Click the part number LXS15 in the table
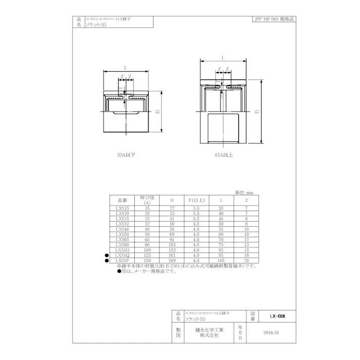[x=123, y=208]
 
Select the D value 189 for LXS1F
[x=172, y=260]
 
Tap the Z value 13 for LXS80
[x=246, y=244]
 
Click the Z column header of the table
[x=246, y=200]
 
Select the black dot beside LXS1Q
[x=107, y=255]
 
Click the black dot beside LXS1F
[x=107, y=261]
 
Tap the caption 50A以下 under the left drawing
[x=126, y=156]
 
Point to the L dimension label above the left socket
[x=125, y=67]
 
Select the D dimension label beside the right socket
[x=258, y=111]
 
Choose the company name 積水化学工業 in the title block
[x=207, y=330]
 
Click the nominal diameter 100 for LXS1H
[x=147, y=249]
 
